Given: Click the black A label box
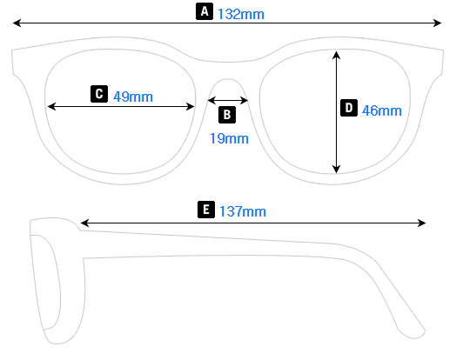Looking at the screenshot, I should (205, 12).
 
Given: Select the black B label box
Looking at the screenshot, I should (226, 114).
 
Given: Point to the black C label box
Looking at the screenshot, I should (98, 94).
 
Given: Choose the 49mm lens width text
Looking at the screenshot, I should (133, 97).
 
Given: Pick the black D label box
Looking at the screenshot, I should (348, 108).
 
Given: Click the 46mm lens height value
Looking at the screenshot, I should (381, 110).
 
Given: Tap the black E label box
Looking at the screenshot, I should (205, 210).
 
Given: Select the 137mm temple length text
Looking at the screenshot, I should (243, 211).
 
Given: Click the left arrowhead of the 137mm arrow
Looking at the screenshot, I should (84, 223).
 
